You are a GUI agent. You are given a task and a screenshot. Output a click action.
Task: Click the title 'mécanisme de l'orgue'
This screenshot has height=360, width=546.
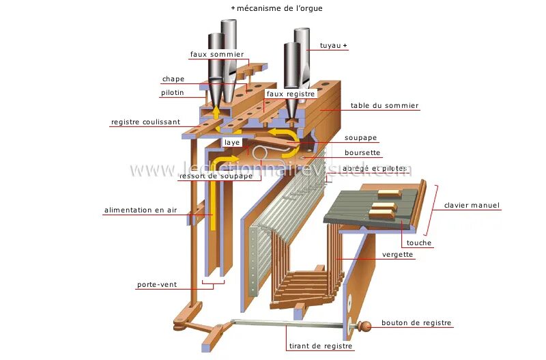pyautogui.click(x=279, y=8)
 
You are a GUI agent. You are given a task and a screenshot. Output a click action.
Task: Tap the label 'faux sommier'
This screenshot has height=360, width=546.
pyautogui.click(x=216, y=54)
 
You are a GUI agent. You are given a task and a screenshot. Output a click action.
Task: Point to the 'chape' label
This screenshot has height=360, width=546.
pyautogui.click(x=173, y=79)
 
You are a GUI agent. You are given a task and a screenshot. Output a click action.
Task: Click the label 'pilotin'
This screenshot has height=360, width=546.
pyautogui.click(x=172, y=93)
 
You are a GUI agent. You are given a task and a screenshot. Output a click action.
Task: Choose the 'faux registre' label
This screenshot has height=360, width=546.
pyautogui.click(x=286, y=94)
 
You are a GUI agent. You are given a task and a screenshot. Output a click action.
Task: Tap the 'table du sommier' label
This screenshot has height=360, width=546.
pyautogui.click(x=385, y=106)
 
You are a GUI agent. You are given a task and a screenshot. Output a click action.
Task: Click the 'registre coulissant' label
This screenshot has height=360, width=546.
pyautogui.click(x=146, y=122)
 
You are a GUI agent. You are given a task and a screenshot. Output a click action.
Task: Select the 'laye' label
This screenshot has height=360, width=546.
pyautogui.click(x=231, y=142)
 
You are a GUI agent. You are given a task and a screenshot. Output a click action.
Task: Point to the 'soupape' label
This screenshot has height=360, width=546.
pyautogui.click(x=360, y=138)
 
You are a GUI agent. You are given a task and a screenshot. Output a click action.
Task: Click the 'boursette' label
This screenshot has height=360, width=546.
pyautogui.click(x=362, y=153)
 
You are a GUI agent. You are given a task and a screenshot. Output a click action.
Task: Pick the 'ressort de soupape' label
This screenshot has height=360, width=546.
pyautogui.click(x=216, y=176)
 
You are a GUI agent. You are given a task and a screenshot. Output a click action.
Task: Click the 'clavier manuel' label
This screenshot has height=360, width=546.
pyautogui.click(x=472, y=205)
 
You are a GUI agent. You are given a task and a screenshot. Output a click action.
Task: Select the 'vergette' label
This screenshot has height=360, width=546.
pyautogui.click(x=398, y=255)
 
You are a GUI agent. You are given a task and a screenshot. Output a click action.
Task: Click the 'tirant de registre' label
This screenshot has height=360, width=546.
pyautogui.click(x=321, y=346)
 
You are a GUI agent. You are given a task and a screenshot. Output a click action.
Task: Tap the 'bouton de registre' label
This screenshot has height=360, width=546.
pyautogui.click(x=416, y=323)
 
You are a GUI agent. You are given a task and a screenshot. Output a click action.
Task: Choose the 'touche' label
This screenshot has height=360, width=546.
pyautogui.click(x=419, y=243)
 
